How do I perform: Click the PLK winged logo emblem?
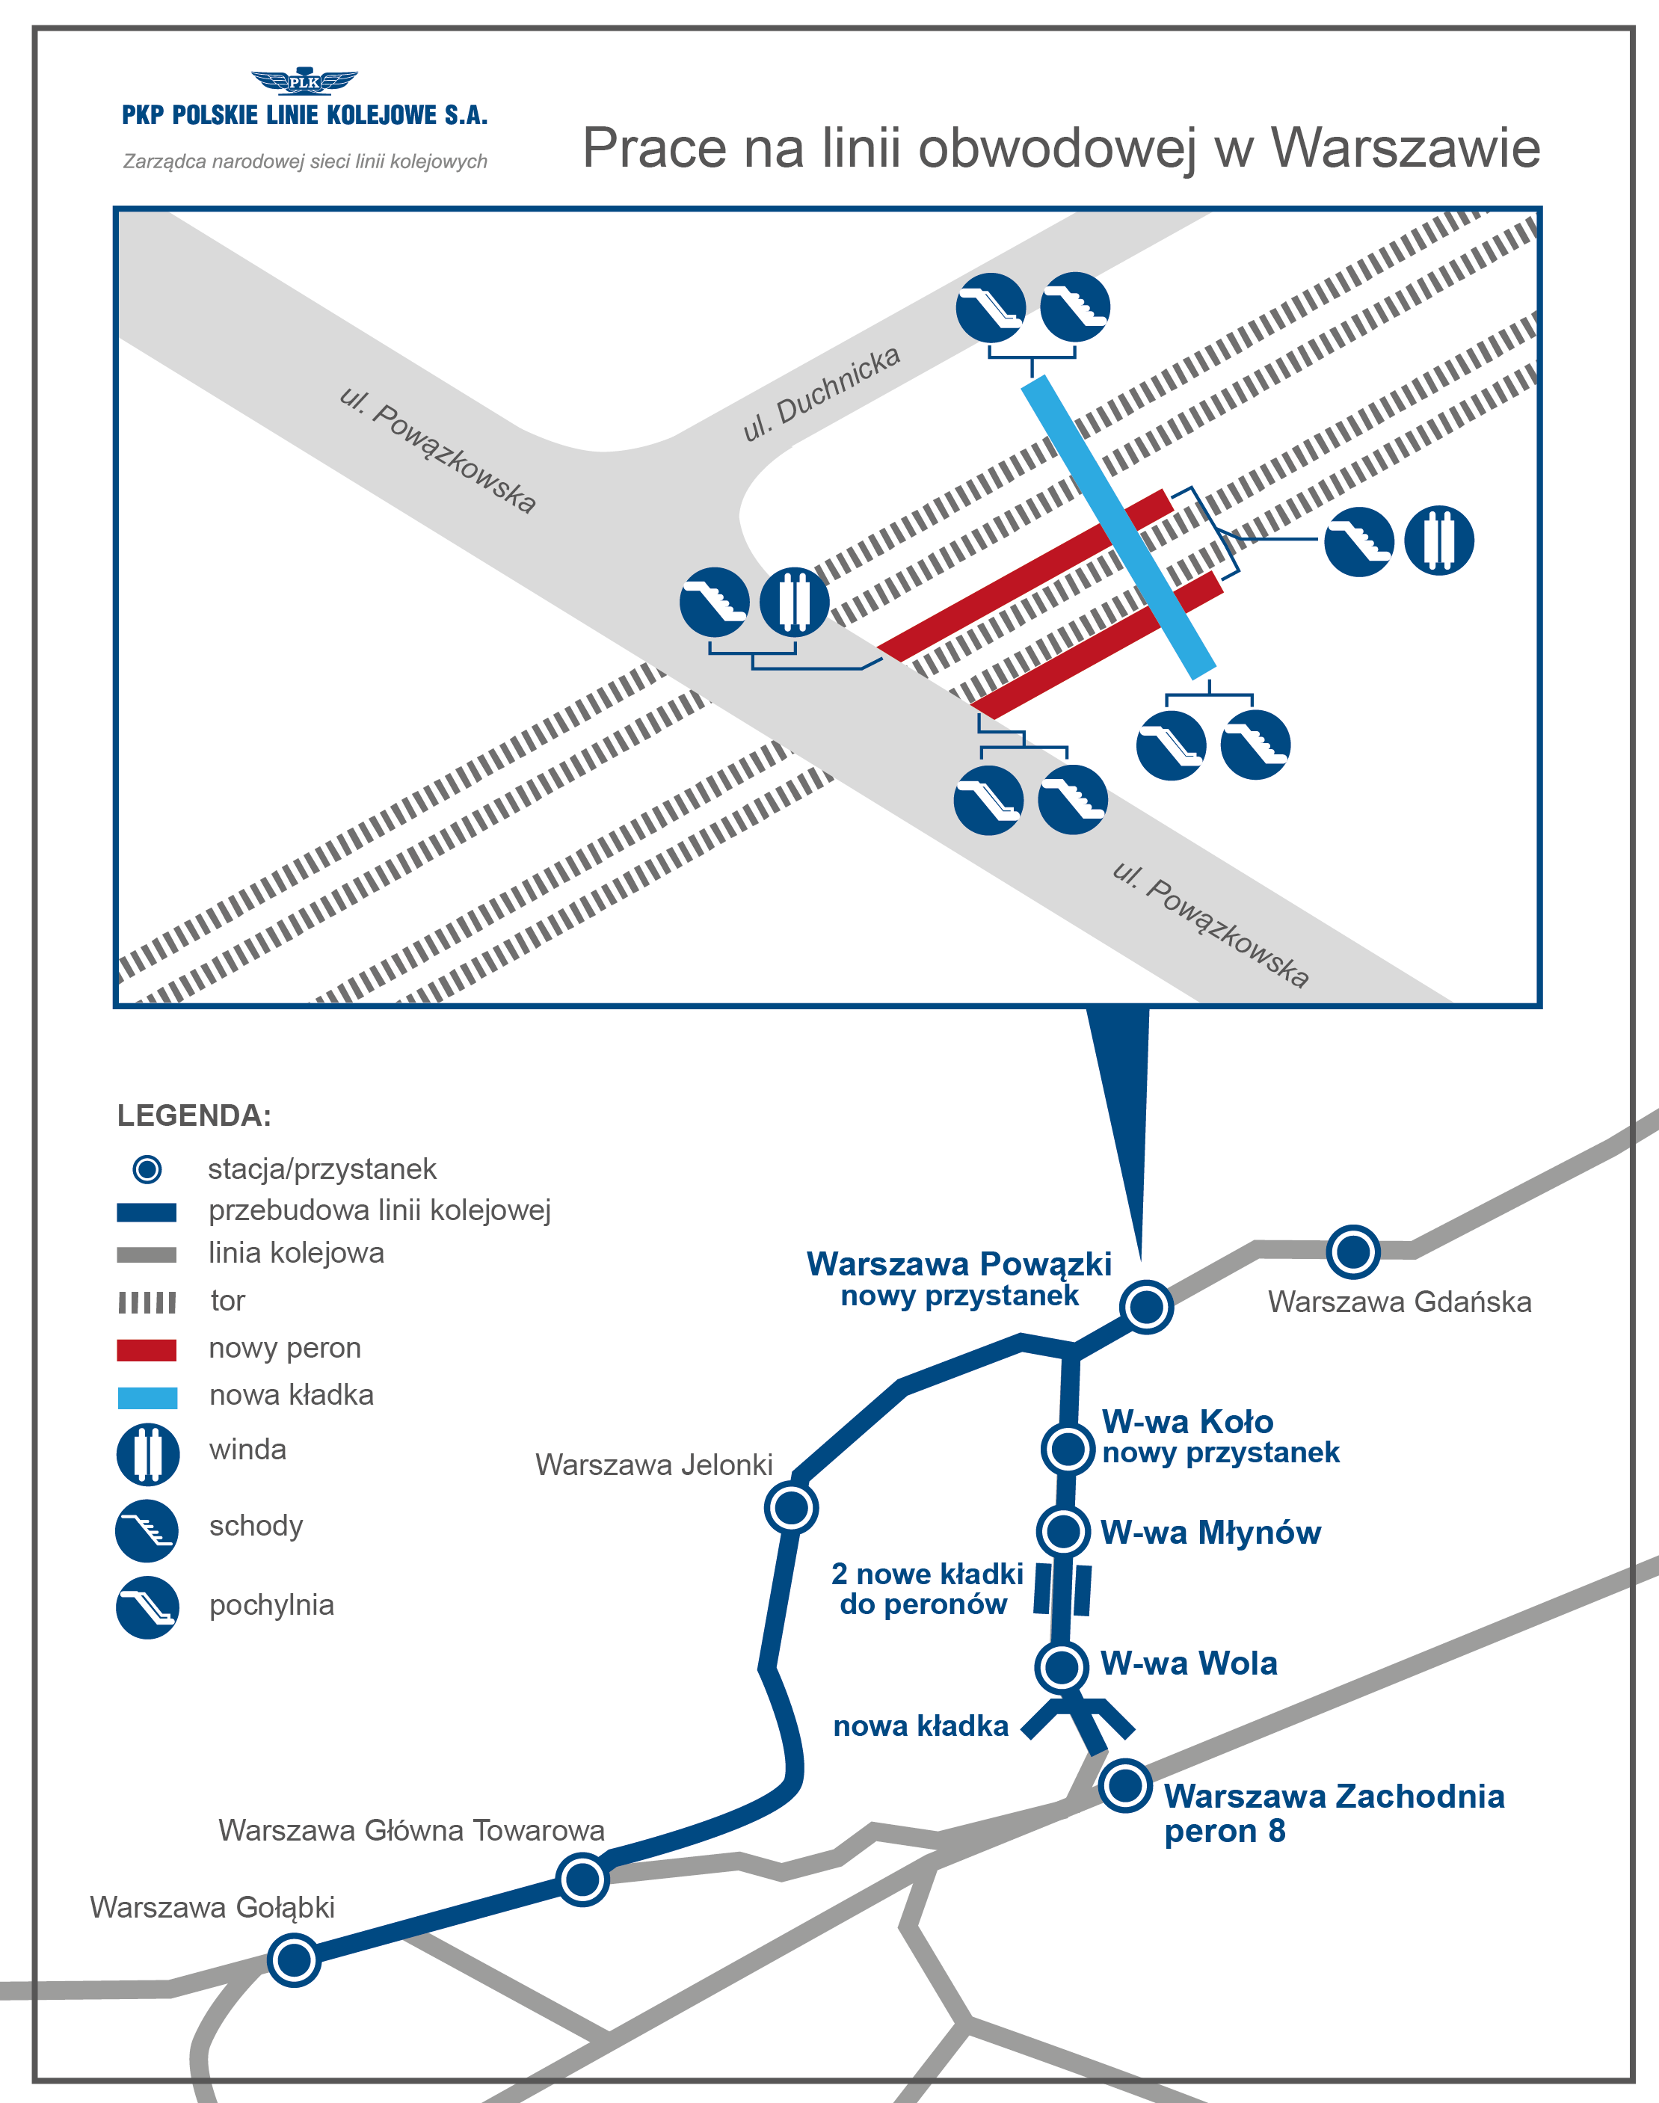[x=304, y=81]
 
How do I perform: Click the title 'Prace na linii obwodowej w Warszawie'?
[x=1061, y=149]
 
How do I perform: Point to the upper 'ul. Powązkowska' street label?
[x=437, y=450]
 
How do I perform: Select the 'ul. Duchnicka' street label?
[x=821, y=392]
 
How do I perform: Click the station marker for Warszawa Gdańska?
[x=1353, y=1251]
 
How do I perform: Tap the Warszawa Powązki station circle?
[x=1146, y=1307]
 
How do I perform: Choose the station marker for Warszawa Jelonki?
[x=791, y=1509]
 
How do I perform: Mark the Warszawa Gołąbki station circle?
[x=293, y=1959]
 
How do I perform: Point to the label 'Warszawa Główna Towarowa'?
[x=411, y=1830]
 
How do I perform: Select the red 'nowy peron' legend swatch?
[x=147, y=1349]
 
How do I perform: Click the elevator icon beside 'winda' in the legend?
[x=147, y=1454]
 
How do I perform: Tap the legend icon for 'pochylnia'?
[x=147, y=1607]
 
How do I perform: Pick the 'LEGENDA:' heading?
[x=194, y=1115]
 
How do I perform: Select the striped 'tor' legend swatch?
[x=147, y=1302]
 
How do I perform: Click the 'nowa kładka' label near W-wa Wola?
[x=921, y=1726]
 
